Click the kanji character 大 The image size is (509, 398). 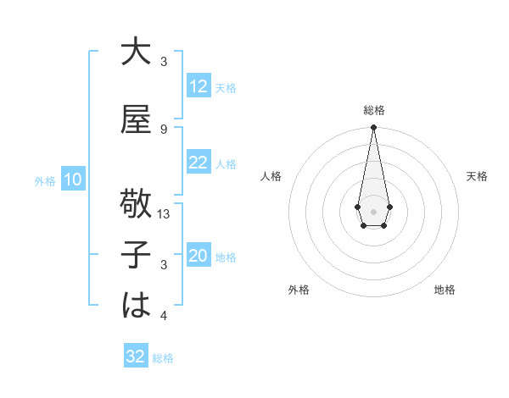[136, 53]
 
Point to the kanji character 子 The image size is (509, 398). [136, 255]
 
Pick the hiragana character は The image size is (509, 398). [136, 306]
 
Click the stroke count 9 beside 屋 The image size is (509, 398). [164, 129]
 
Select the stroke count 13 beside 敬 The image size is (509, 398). [165, 214]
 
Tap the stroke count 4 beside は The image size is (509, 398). [164, 316]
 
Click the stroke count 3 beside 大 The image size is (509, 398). [164, 62]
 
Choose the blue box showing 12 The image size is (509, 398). [199, 86]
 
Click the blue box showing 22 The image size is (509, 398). [199, 163]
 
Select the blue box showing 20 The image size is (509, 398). [199, 256]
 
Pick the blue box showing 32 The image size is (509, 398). [136, 357]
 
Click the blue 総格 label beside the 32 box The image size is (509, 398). [163, 358]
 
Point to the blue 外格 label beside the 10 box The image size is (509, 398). [45, 180]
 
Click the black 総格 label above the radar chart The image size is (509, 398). [373, 110]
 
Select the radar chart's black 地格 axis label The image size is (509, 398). [445, 290]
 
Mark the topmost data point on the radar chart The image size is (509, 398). [373, 127]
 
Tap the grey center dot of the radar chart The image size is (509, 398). [373, 210]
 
